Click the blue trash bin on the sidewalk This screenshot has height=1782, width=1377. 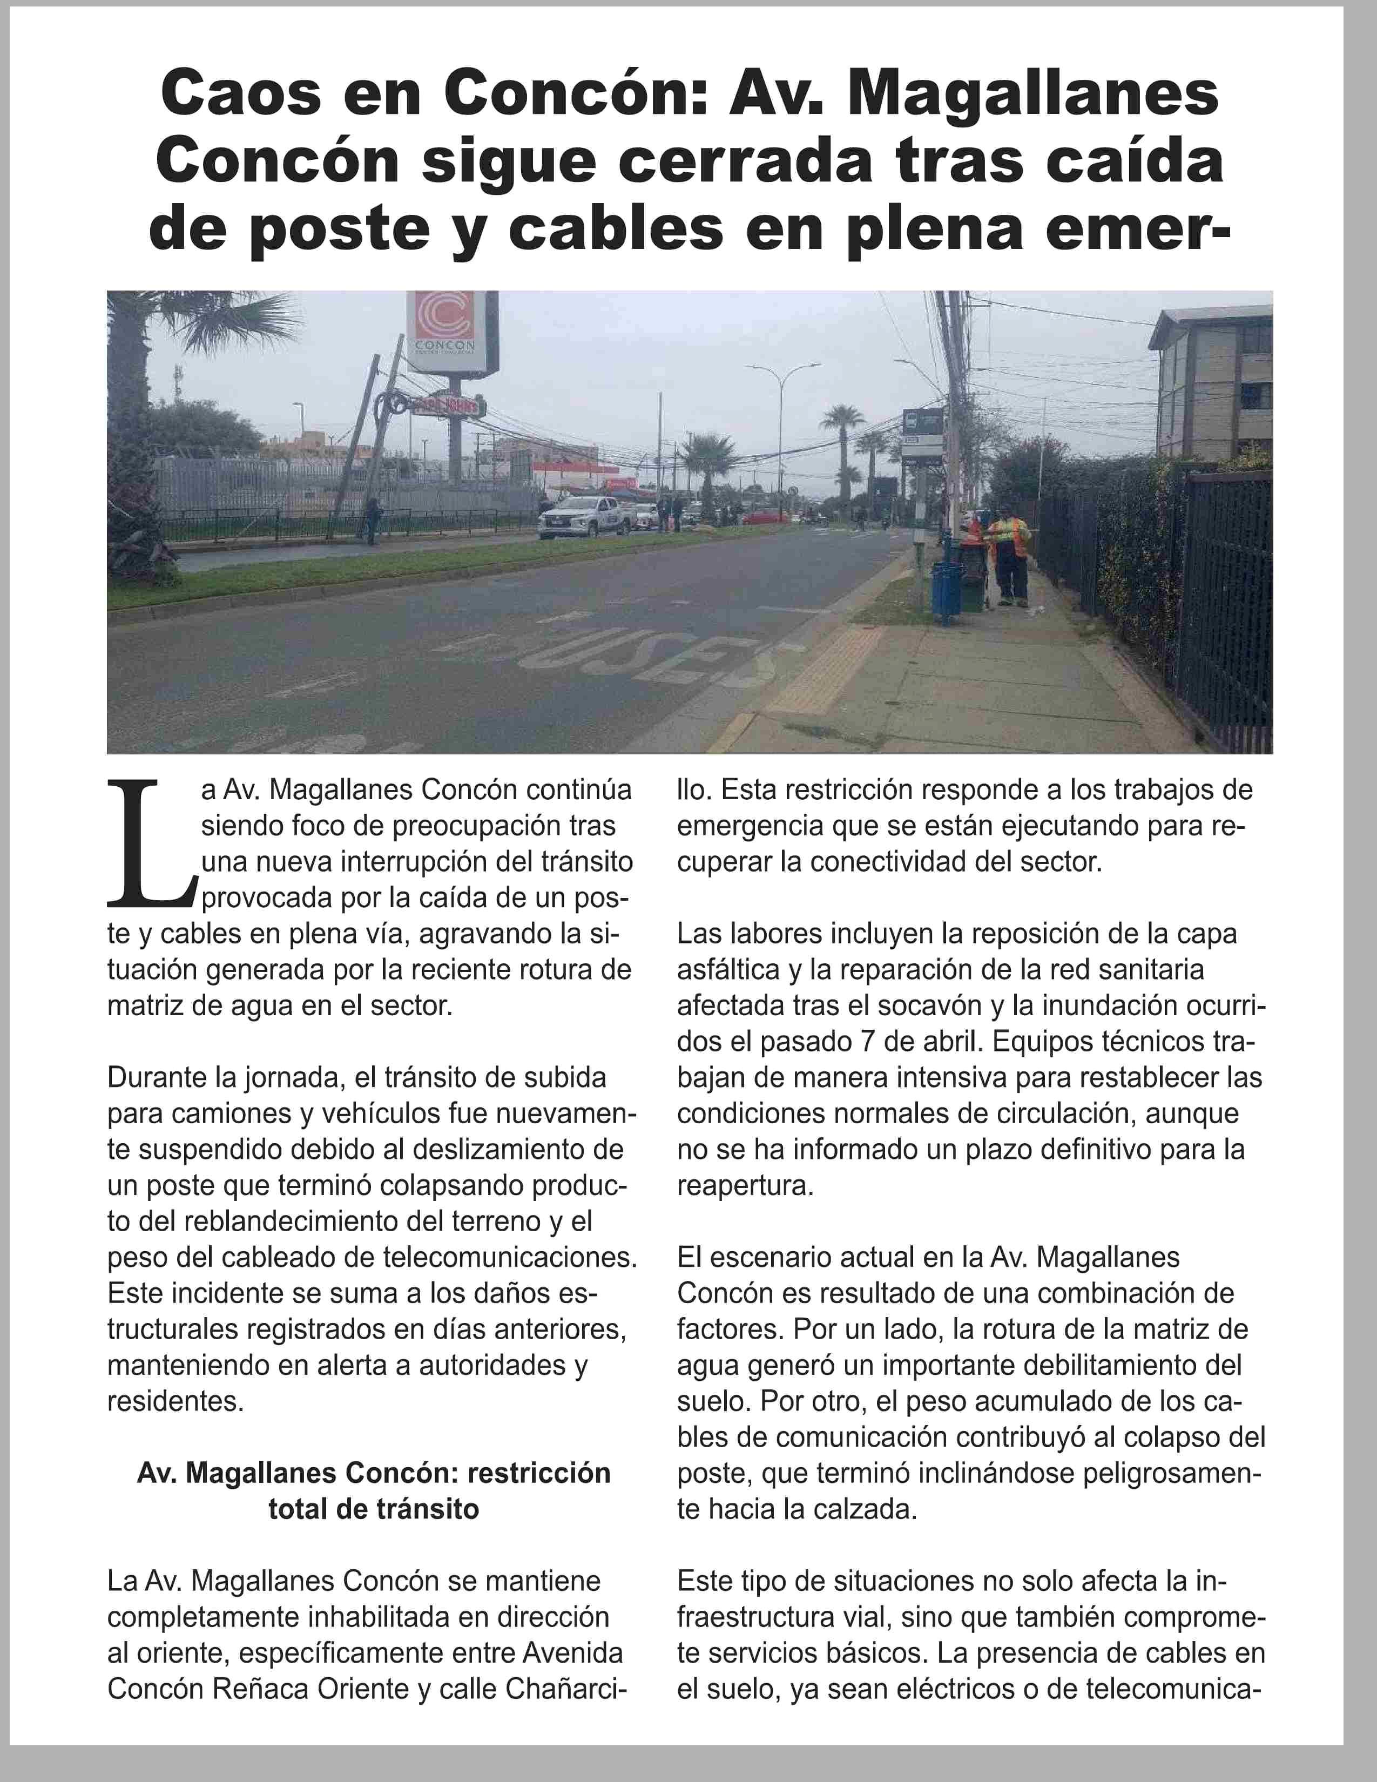[946, 591]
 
